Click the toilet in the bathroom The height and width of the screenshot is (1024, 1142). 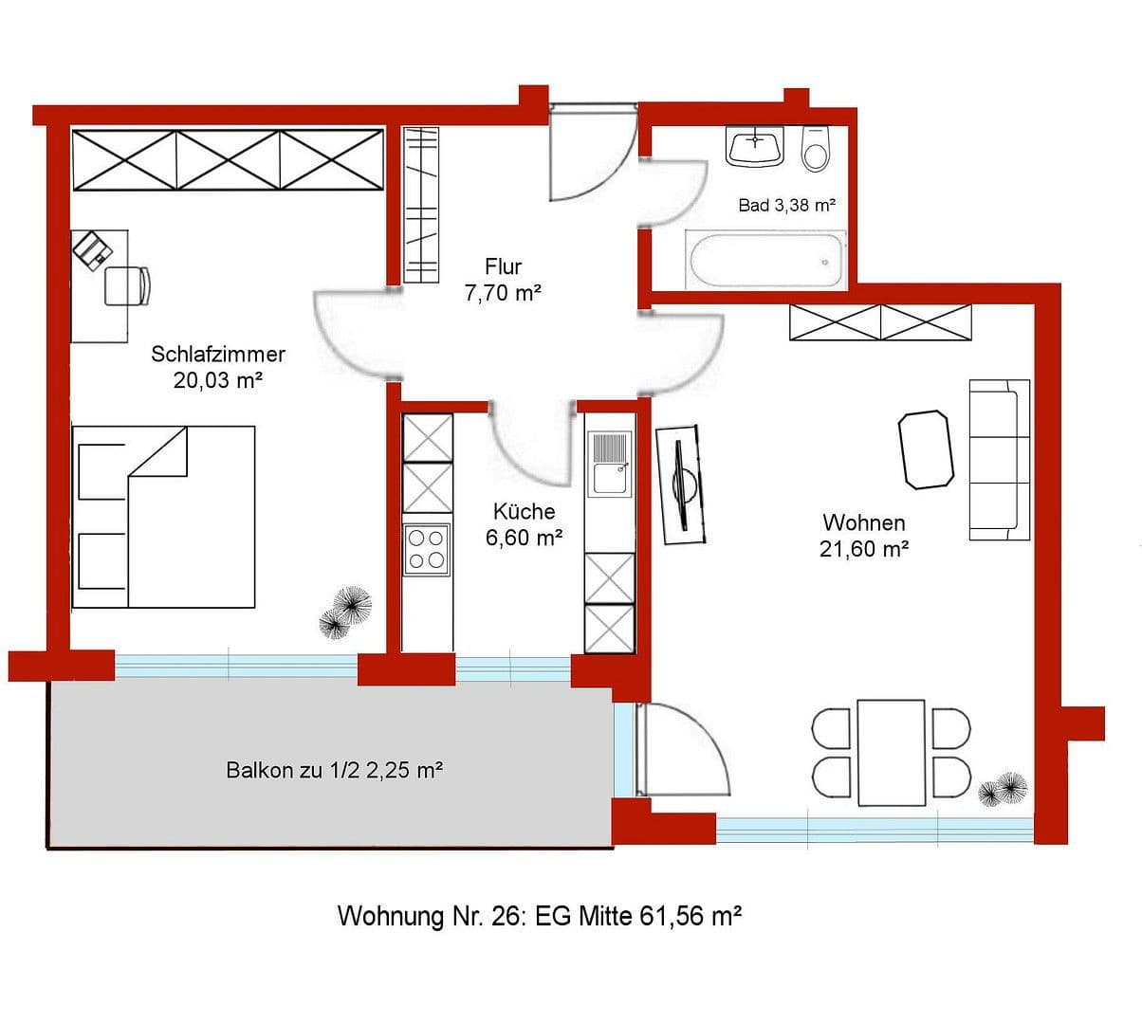click(815, 149)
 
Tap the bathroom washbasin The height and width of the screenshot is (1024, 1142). click(755, 147)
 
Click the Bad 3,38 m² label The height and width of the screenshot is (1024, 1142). click(786, 205)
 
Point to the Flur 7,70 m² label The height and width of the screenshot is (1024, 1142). click(503, 280)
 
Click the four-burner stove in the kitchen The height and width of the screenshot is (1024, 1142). click(426, 549)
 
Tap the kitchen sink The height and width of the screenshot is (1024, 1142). click(609, 464)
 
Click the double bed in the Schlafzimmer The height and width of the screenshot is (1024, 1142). click(165, 517)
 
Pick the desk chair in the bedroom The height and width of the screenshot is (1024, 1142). click(127, 285)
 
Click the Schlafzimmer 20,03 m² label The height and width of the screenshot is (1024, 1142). click(218, 367)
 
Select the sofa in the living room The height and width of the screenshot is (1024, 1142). click(999, 460)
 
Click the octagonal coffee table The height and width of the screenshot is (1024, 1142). click(925, 449)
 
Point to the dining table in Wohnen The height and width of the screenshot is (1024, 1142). click(891, 752)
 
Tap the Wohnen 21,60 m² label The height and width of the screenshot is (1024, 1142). click(864, 536)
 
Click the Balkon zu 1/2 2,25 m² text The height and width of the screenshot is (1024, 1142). click(334, 770)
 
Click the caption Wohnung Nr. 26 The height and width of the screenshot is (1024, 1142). click(539, 917)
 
